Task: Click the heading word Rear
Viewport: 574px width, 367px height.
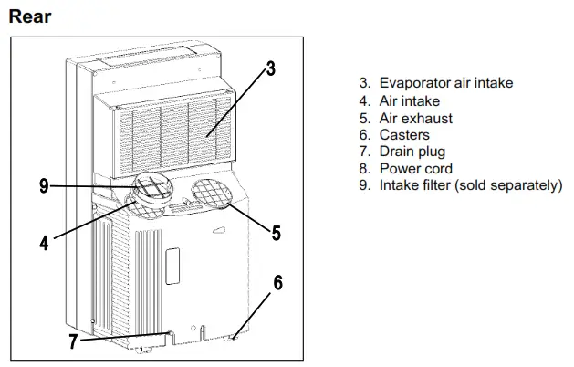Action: [30, 16]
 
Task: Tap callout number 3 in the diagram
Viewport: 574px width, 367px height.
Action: [271, 69]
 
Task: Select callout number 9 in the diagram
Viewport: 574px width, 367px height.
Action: [44, 187]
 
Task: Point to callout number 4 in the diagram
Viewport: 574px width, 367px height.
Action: [43, 243]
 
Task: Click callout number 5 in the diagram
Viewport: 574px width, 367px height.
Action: [276, 232]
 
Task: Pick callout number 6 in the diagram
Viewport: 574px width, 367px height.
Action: [277, 283]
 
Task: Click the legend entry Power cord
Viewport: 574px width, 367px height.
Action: [416, 169]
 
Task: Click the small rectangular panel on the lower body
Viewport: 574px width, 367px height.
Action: [172, 260]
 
